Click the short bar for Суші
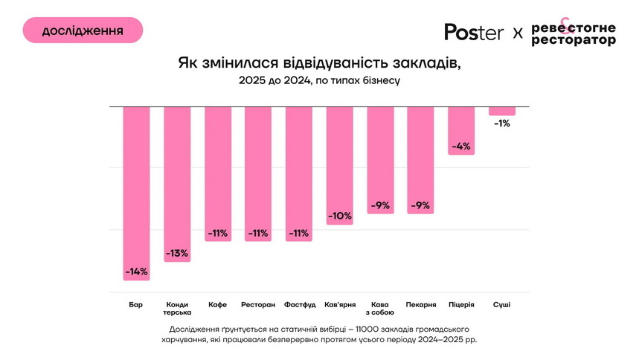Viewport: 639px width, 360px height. point(502,111)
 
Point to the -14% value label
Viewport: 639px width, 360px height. point(137,271)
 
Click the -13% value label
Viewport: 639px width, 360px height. point(178,253)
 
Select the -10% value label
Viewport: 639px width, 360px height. point(340,216)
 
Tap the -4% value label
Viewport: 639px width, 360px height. point(461,146)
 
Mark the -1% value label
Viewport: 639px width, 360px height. point(502,123)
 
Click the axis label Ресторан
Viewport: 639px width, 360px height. point(258,305)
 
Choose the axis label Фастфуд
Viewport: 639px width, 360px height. point(299,305)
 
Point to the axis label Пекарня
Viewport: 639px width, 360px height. point(421,305)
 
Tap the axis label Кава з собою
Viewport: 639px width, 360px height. point(380,309)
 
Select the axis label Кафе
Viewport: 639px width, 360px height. point(218,305)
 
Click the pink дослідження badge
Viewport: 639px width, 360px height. point(83,30)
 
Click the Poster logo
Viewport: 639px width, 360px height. point(474,32)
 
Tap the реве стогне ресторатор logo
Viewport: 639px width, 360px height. point(574,33)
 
